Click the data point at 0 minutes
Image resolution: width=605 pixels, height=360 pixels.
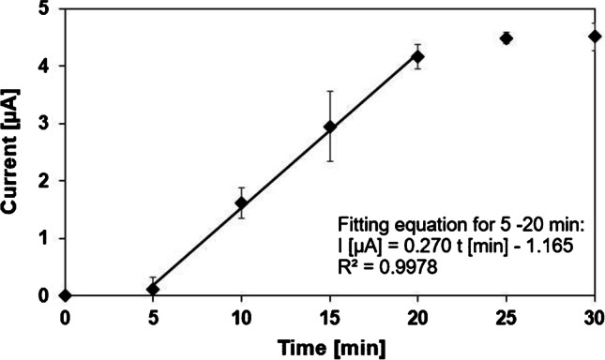click(x=65, y=295)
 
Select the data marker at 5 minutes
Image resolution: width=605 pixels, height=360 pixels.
click(x=153, y=289)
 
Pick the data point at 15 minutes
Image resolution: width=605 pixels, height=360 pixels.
click(x=329, y=127)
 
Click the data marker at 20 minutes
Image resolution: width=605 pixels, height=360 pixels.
click(x=418, y=57)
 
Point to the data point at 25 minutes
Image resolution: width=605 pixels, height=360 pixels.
click(x=507, y=38)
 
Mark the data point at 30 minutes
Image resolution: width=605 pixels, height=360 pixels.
click(x=595, y=37)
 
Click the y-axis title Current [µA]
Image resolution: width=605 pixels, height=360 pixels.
click(x=16, y=153)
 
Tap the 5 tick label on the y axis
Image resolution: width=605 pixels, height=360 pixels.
click(x=45, y=9)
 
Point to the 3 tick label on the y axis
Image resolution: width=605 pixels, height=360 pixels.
click(x=45, y=124)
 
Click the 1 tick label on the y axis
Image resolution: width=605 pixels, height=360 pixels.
click(x=45, y=238)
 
